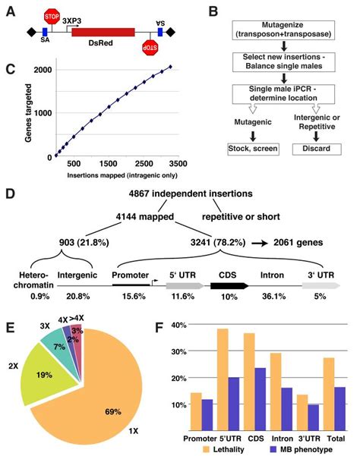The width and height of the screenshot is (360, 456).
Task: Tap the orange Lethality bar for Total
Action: [329, 392]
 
